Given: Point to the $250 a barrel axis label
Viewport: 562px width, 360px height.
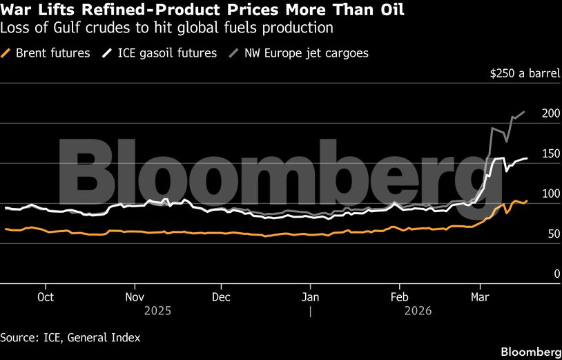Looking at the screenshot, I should click(521, 74).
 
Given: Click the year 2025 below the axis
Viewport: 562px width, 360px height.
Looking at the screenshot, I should click(157, 311).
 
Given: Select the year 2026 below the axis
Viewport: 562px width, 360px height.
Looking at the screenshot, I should click(418, 311).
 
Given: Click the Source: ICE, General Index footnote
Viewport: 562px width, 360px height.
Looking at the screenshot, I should click(70, 337).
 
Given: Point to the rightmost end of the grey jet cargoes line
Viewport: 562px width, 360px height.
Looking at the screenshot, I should click(524, 112).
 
